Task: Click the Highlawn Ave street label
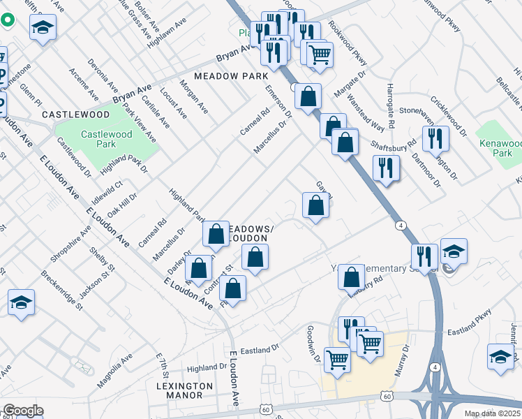pyautogui.click(x=168, y=33)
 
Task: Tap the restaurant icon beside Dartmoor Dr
pyautogui.click(x=435, y=139)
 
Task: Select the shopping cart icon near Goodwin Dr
pyautogui.click(x=337, y=360)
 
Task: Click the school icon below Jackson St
pyautogui.click(x=22, y=302)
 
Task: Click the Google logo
pyautogui.click(x=23, y=411)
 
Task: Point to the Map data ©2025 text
pyautogui.click(x=492, y=413)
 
